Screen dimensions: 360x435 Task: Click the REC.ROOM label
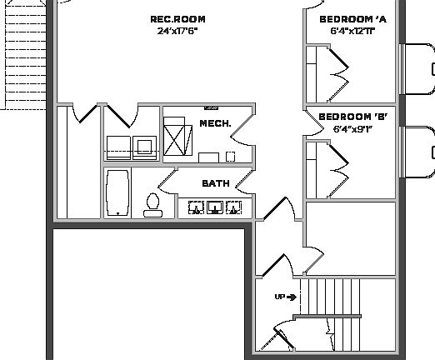(x=177, y=19)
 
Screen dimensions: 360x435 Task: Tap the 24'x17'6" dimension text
(x=177, y=31)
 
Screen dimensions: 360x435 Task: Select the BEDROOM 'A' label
(x=352, y=19)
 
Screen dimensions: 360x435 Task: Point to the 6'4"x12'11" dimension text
(x=352, y=31)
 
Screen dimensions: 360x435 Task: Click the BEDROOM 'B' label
(x=352, y=117)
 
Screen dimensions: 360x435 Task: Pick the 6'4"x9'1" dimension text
(x=352, y=129)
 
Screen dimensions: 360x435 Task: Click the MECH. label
(x=214, y=123)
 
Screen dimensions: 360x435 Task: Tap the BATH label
(x=215, y=183)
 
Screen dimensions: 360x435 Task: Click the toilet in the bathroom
(x=152, y=204)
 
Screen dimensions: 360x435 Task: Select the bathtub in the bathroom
(x=117, y=192)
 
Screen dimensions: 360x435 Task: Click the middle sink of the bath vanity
(x=216, y=207)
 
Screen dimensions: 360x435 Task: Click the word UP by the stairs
(x=280, y=297)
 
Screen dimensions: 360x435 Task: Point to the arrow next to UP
(x=292, y=297)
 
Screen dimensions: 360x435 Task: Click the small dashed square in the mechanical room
(x=230, y=156)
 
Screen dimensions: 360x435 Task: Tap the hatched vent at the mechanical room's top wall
(x=210, y=107)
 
